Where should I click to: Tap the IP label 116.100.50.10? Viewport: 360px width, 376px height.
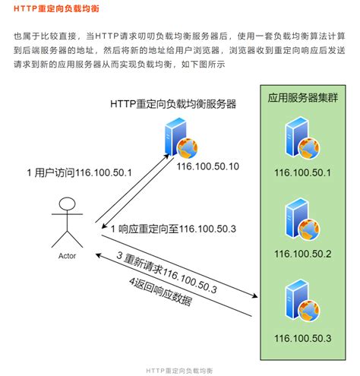click(x=208, y=166)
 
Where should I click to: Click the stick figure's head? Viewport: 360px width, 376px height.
click(x=68, y=204)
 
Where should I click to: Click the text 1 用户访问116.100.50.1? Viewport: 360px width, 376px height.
click(x=79, y=172)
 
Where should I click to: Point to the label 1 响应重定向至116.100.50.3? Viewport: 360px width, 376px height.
click(x=174, y=229)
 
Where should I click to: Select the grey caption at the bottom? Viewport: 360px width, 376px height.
click(x=180, y=368)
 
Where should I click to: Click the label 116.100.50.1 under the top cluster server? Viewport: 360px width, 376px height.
click(x=303, y=173)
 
